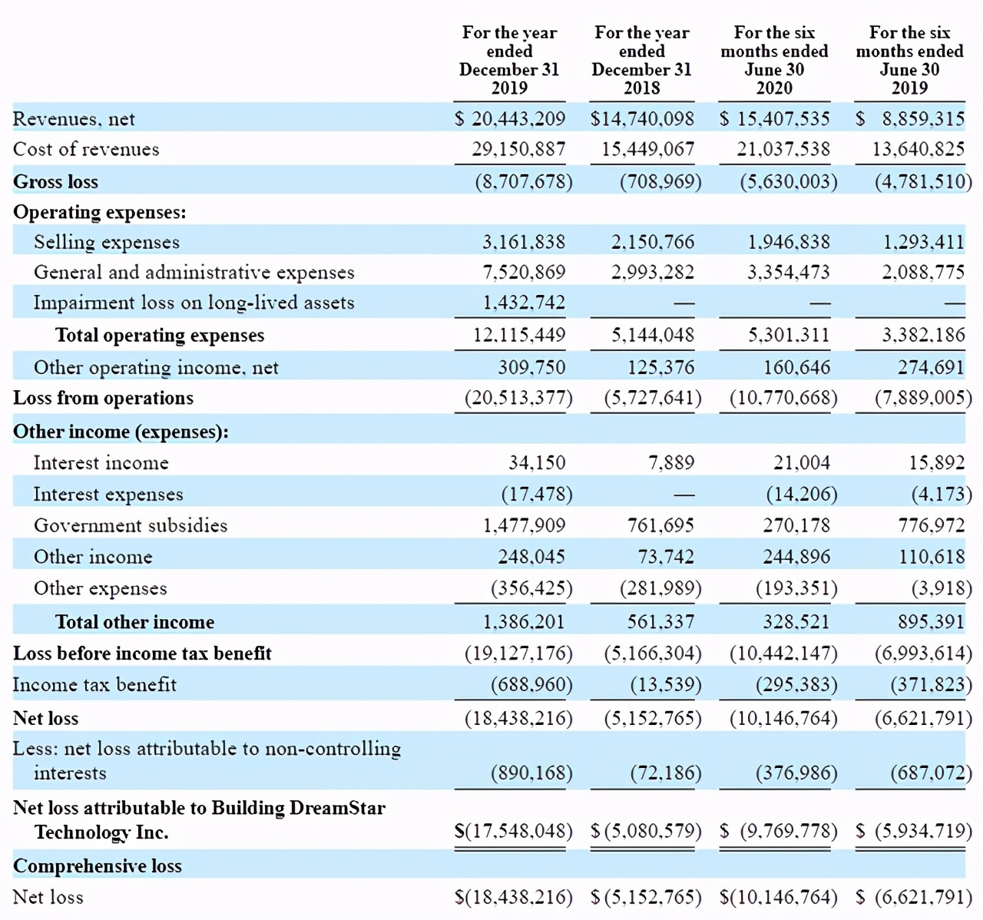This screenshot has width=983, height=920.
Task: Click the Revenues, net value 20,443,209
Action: tap(518, 119)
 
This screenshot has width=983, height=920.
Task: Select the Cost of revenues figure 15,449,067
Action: tap(647, 149)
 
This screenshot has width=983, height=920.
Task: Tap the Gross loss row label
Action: tap(55, 182)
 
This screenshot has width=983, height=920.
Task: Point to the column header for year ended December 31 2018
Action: tap(641, 60)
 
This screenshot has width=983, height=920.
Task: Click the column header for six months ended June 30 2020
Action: tap(774, 60)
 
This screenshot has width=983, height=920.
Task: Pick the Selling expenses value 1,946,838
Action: tap(789, 242)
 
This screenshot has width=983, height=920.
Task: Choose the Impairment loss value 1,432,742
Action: tap(524, 303)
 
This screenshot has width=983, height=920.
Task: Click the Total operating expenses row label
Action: tap(160, 336)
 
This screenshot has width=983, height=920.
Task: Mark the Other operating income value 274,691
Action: tap(931, 368)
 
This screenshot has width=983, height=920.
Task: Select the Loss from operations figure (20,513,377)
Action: tap(518, 398)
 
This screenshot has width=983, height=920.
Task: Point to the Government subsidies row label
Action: tap(131, 525)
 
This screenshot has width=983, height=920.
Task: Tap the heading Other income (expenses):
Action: tap(121, 432)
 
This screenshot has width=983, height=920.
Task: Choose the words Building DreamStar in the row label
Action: tap(298, 808)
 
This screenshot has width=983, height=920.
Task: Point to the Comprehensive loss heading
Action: tap(98, 866)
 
